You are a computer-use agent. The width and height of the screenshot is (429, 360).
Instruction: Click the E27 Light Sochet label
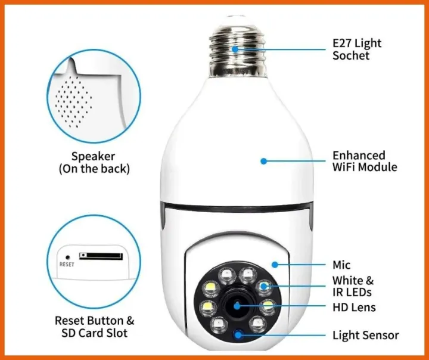[356, 49]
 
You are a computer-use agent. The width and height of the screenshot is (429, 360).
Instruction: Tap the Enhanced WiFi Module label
[364, 162]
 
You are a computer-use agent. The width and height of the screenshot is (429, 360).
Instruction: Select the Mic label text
[341, 265]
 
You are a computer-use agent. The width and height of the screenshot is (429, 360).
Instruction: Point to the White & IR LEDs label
[353, 286]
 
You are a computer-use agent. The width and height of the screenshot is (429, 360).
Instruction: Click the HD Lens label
[354, 308]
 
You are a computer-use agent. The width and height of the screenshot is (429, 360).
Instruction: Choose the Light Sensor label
[365, 336]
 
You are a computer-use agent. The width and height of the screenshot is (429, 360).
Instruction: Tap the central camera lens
[237, 306]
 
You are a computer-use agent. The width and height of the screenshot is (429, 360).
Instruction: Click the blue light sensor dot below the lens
[239, 334]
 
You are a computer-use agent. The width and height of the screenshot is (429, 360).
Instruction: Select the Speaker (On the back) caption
[94, 163]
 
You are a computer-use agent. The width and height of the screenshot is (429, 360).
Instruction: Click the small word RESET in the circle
[67, 264]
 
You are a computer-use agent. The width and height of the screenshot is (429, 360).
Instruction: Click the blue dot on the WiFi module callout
[263, 161]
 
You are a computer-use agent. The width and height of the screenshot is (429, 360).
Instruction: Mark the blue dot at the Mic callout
[274, 263]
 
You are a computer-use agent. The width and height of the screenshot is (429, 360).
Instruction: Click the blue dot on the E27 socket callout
[236, 49]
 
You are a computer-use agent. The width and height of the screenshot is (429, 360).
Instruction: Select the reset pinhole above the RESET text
[67, 256]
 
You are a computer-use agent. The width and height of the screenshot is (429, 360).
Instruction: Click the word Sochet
[351, 56]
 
